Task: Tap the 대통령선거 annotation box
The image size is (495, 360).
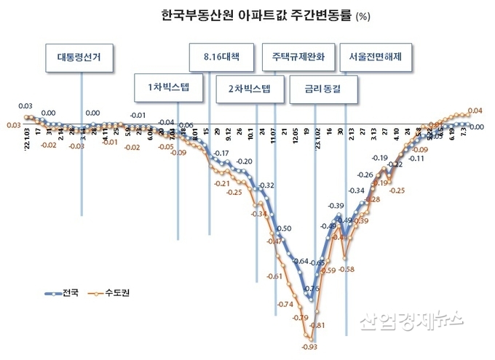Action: pos(80,57)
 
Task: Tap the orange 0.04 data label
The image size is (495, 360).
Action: pos(475,111)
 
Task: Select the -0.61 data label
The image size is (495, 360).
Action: pos(274,277)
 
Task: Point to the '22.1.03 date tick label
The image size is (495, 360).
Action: pos(27,135)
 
